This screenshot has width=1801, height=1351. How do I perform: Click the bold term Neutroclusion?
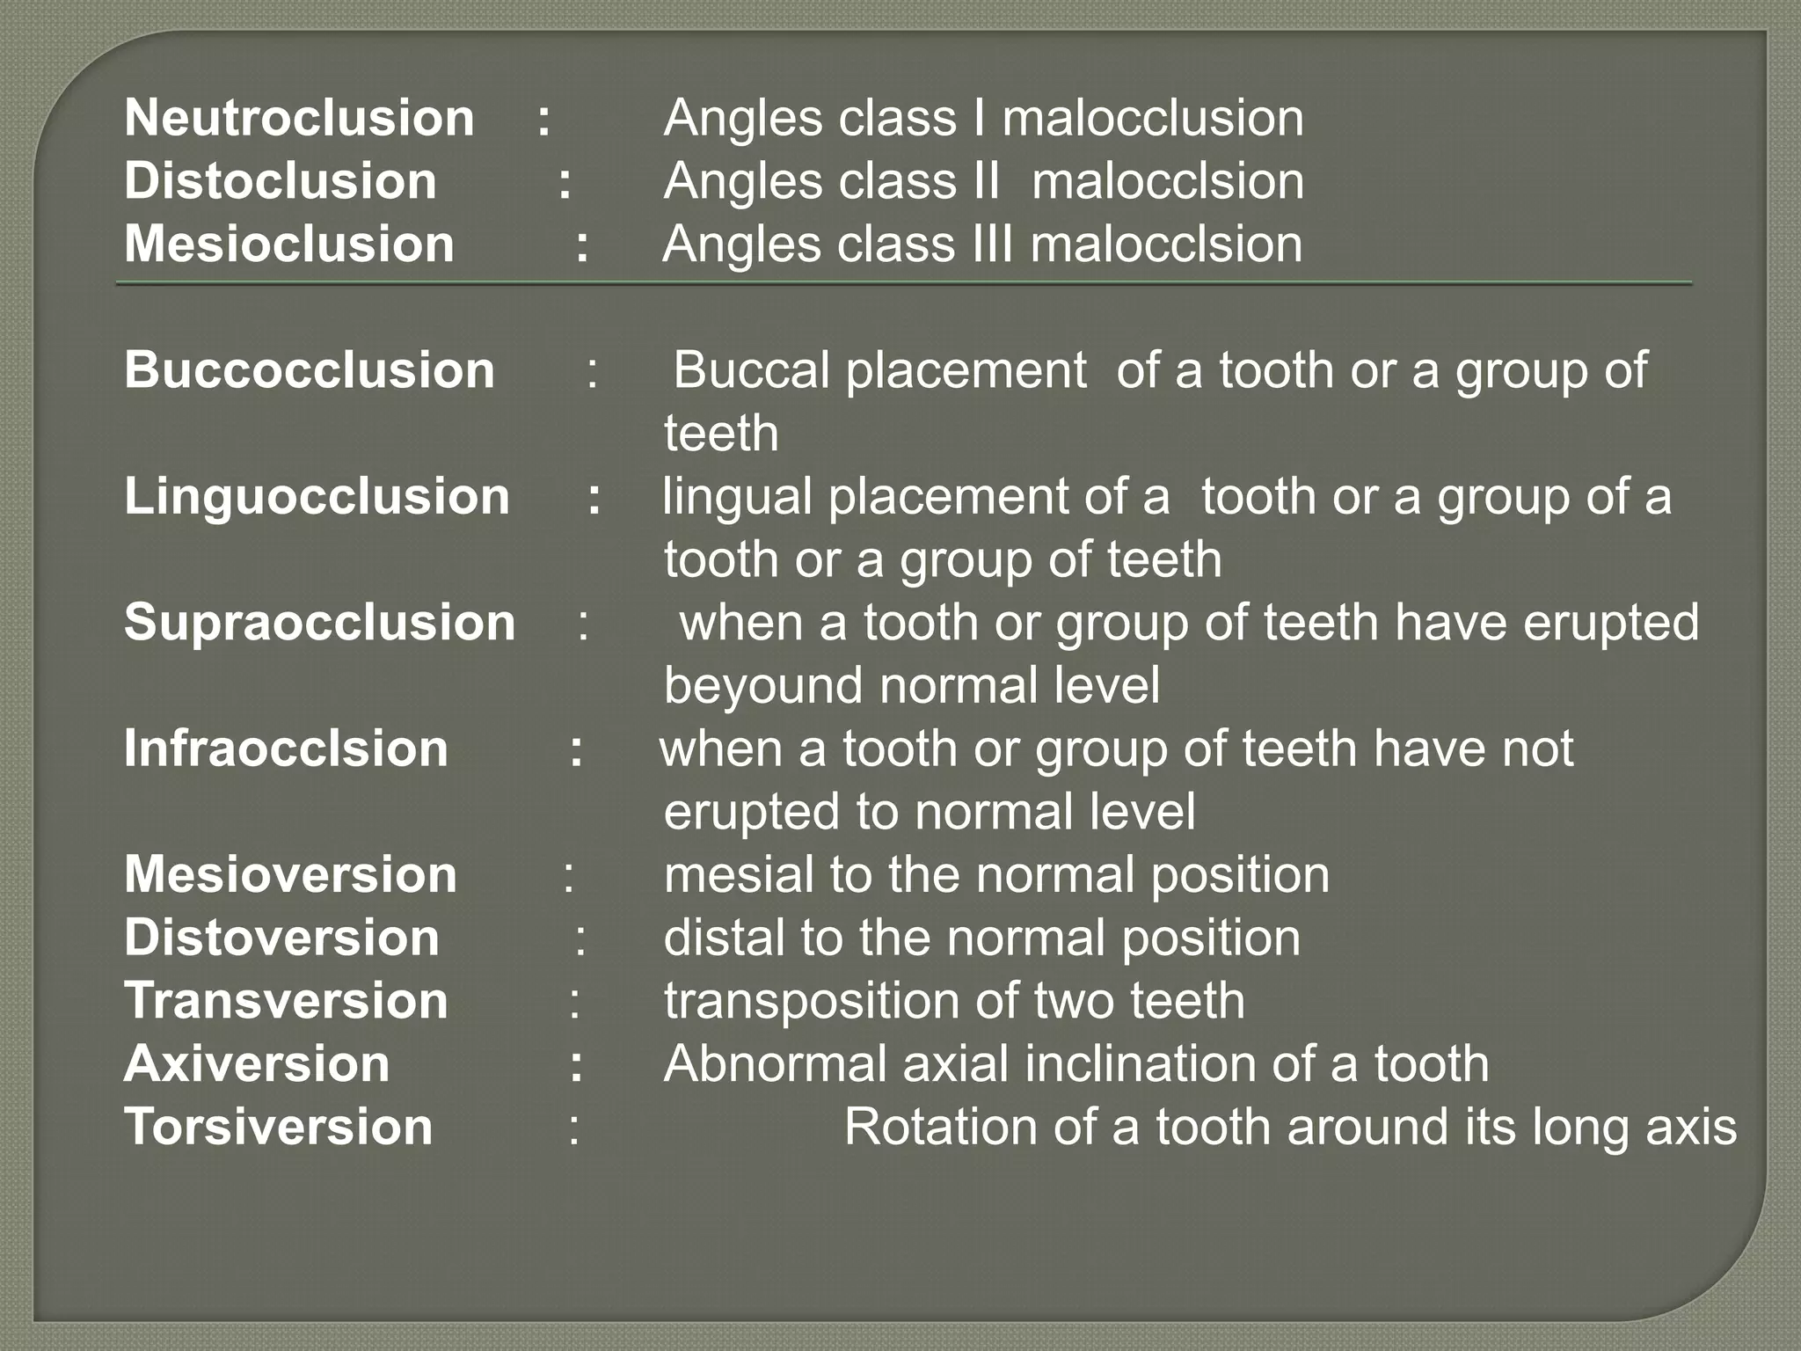point(299,118)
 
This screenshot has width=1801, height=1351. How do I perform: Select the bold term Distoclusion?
point(281,181)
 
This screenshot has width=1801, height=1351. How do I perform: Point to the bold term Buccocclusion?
point(310,370)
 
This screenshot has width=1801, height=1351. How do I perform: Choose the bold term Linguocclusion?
point(317,496)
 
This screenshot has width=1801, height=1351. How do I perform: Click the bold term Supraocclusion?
point(319,623)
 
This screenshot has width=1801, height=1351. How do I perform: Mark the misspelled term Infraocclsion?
point(286,749)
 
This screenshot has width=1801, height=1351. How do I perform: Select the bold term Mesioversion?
point(290,875)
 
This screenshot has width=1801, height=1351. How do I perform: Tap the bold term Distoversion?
point(281,938)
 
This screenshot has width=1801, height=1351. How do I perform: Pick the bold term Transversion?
point(286,1001)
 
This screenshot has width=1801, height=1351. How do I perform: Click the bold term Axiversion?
point(257,1064)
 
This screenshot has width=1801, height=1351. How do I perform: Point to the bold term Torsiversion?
point(279,1128)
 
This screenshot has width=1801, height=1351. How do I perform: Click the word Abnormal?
point(775,1064)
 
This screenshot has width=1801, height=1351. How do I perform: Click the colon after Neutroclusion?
point(544,120)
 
